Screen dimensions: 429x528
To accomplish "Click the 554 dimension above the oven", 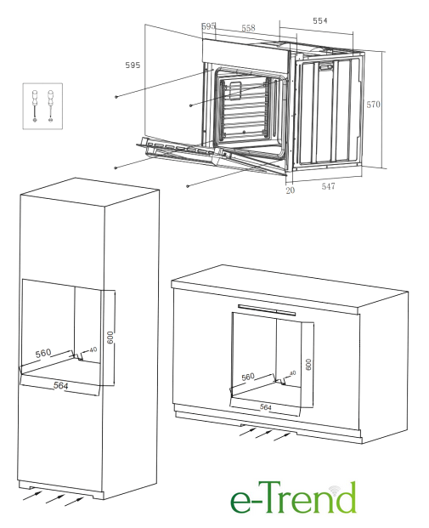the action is tap(319, 21).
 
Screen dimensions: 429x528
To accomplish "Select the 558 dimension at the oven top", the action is tap(248, 28).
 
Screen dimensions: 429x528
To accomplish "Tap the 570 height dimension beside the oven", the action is tap(373, 105).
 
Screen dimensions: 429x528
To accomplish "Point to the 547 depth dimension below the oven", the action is tap(328, 186).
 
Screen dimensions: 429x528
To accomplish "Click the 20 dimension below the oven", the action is tap(290, 190).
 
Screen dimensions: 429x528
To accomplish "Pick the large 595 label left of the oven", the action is tap(133, 65).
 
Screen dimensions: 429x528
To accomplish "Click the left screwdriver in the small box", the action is tap(35, 106).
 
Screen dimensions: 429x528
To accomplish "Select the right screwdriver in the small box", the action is tap(50, 106).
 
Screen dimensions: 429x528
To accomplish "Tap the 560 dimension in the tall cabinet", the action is tap(43, 353).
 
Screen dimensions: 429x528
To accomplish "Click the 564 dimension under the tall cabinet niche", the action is tap(61, 385).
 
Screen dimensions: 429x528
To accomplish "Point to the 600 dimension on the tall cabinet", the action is tap(110, 338).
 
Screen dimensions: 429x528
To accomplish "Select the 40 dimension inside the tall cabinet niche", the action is tap(93, 349).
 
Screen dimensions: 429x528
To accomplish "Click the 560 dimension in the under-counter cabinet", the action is tap(248, 377).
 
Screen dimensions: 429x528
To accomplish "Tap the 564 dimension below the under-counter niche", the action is tap(266, 407).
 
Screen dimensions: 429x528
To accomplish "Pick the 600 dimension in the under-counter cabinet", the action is tap(308, 365).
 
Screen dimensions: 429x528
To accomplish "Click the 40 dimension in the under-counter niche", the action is tap(292, 373).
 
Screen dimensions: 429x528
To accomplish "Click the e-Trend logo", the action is tap(293, 498).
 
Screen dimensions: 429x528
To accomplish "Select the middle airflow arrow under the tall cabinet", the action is tap(55, 499).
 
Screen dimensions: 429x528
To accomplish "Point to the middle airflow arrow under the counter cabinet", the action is tap(263, 434).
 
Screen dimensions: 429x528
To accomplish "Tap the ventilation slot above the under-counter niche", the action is tap(267, 309).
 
